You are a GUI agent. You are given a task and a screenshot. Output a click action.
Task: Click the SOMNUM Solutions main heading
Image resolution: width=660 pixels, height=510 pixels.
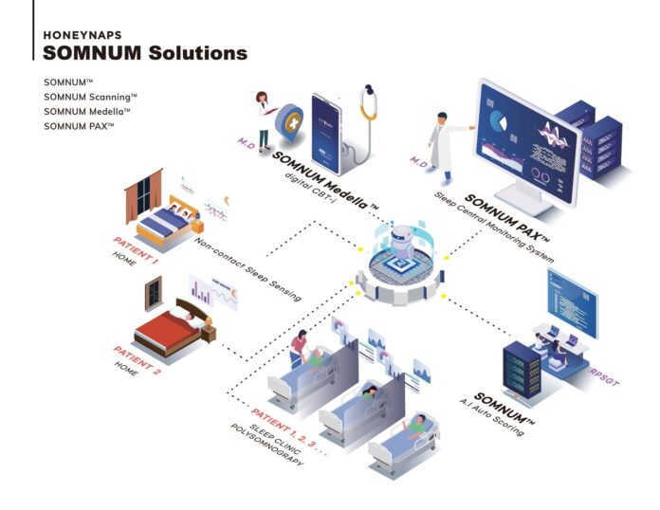pos(145,53)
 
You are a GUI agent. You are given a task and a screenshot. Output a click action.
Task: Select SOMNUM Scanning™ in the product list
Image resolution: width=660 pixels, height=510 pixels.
pos(90,97)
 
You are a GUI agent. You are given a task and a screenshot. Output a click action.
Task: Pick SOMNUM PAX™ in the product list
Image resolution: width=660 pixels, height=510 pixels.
pos(79,126)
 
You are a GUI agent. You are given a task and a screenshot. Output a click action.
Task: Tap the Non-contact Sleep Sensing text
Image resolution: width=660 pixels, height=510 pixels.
pos(248,271)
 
